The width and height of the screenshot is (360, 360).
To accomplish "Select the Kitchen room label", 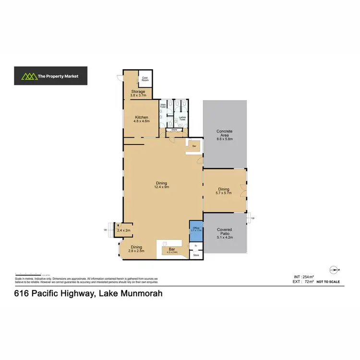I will pyautogui.click(x=142, y=119).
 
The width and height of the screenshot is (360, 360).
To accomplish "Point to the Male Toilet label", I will pyautogui.click(x=162, y=105).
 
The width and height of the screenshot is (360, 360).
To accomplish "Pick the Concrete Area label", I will pyautogui.click(x=224, y=135).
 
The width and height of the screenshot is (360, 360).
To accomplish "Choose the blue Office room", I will pyautogui.click(x=196, y=229).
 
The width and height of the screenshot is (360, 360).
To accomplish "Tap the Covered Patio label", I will pyautogui.click(x=224, y=234).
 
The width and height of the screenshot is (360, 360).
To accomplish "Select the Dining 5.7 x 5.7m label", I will pyautogui.click(x=224, y=191).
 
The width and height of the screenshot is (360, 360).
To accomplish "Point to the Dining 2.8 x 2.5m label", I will pyautogui.click(x=137, y=249).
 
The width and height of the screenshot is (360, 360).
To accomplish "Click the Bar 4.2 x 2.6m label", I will pyautogui.click(x=172, y=250).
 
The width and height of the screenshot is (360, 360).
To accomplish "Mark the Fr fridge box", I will pyautogui.click(x=196, y=246).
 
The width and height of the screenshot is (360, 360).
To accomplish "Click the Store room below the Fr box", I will pyautogui.click(x=196, y=255).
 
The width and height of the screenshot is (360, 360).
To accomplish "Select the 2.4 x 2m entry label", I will pyautogui.click(x=124, y=230).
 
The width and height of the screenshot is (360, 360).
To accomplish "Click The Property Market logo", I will pyautogui.click(x=50, y=76).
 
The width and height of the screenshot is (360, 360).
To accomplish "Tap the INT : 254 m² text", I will pyautogui.click(x=303, y=277).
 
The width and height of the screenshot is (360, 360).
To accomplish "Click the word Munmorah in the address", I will pyautogui.click(x=135, y=293).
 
